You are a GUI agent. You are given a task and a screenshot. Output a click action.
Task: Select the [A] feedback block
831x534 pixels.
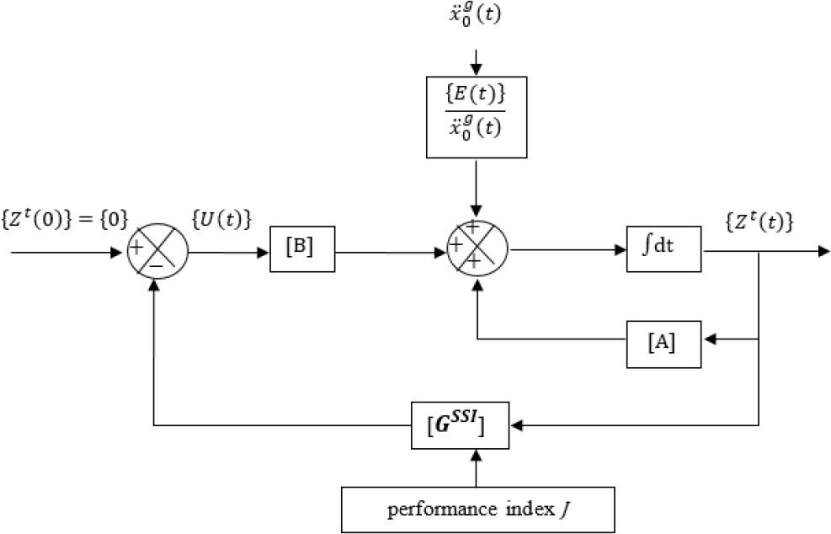point(663,344)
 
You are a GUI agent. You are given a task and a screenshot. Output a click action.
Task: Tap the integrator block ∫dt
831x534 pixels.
point(663,249)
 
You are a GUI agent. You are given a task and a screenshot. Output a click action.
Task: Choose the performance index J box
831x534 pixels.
point(477,510)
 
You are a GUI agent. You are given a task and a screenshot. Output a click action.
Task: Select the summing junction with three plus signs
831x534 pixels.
point(477,249)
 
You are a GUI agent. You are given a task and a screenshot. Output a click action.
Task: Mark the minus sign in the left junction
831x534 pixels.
point(157,265)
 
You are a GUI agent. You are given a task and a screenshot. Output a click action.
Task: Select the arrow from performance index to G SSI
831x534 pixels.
point(477,467)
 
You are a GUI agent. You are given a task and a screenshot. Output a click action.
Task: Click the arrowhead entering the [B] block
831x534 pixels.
point(264,249)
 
